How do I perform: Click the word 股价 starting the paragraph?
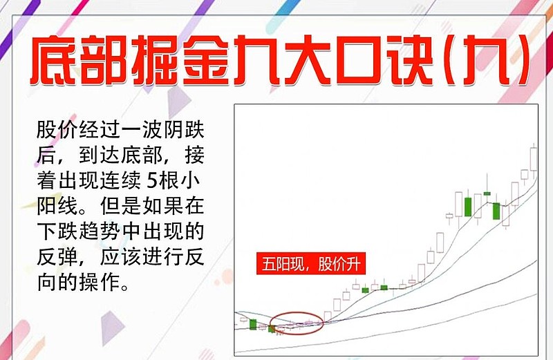tap(53, 131)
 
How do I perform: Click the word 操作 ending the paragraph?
tap(106, 283)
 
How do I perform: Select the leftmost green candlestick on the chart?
tap(253, 324)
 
